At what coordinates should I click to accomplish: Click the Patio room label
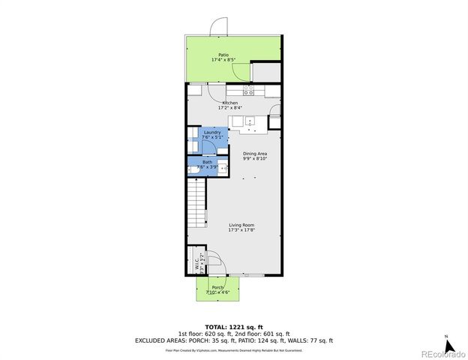click(223, 55)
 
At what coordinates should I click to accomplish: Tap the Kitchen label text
click(229, 103)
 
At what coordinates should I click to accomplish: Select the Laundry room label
click(212, 132)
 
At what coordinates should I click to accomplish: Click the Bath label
click(206, 162)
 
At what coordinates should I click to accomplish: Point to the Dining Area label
click(255, 154)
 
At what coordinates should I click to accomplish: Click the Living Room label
click(241, 225)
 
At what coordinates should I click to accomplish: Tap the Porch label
click(217, 287)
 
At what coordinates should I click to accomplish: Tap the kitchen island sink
click(250, 121)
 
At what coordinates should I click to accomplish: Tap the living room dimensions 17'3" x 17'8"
click(241, 230)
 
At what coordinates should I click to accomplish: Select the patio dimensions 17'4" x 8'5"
click(223, 60)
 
